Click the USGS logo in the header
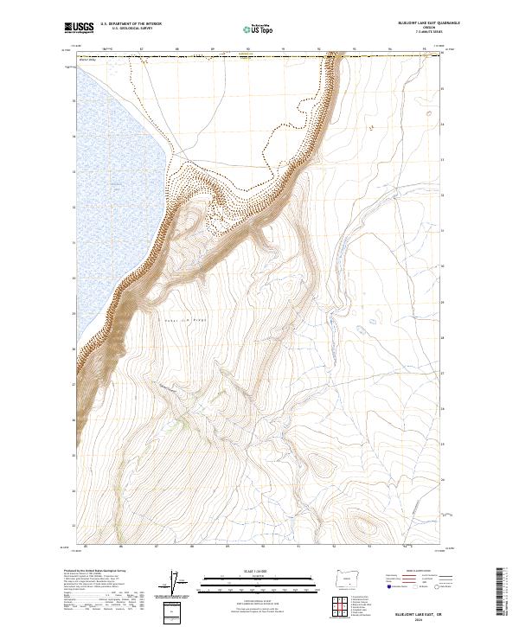click(x=79, y=29)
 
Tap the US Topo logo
click(x=259, y=29)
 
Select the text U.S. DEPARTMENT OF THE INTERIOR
click(x=131, y=25)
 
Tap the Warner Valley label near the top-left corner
click(x=86, y=61)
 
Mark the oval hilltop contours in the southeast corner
click(x=360, y=523)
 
